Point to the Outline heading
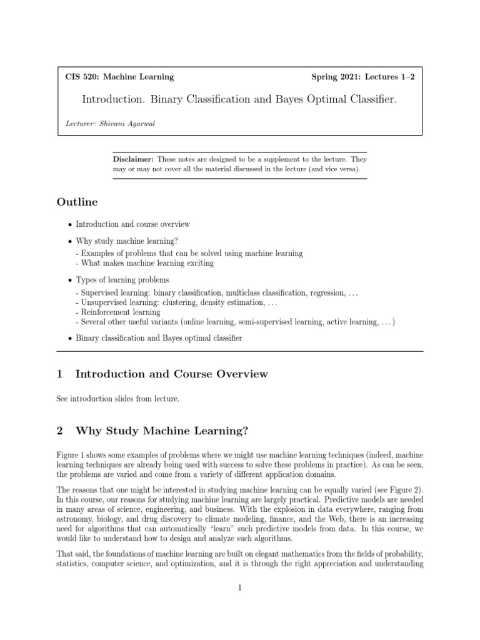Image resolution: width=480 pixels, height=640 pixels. point(77,202)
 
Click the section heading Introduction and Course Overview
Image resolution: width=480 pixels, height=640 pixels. point(171,374)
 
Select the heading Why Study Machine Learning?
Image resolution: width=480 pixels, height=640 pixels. point(161,431)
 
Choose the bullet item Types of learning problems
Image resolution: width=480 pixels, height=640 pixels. point(122,279)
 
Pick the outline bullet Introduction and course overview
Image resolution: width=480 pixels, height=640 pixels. point(132,224)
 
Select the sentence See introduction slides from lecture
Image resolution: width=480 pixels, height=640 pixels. point(117,399)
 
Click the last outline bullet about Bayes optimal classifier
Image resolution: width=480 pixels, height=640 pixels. point(158,338)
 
